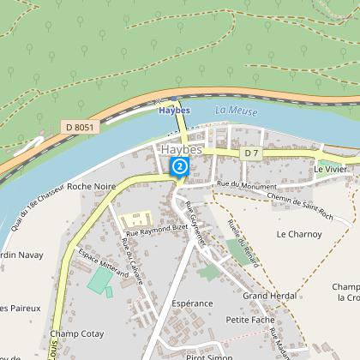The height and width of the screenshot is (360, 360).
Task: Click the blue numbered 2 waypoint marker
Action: click(180, 165)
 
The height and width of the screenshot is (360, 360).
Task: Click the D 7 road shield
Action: click(250, 153)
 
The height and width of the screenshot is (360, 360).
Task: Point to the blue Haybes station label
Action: click(174, 110)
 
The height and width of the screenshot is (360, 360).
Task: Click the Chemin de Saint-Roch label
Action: click(275, 200)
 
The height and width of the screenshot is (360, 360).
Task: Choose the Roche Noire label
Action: click(91, 185)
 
